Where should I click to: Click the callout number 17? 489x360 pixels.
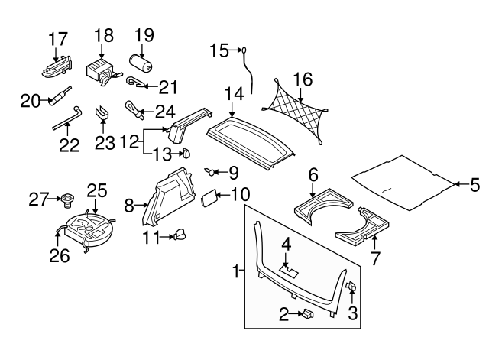pos(58,37)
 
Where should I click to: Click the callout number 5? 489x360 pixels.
pos(474,183)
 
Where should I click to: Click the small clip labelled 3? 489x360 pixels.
pos(353,287)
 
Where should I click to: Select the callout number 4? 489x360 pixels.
pos(286,245)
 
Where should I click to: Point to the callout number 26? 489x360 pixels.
pos(58,256)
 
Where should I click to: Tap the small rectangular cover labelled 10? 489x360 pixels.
pos(209,198)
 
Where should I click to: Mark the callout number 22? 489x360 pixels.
pos(69,145)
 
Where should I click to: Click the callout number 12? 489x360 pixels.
pos(129,141)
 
